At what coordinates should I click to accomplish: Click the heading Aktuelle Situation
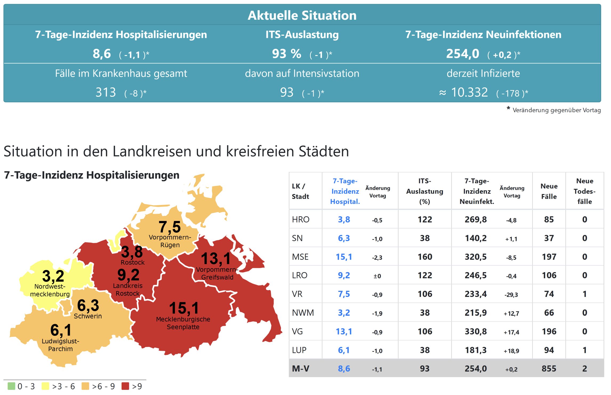[302, 15]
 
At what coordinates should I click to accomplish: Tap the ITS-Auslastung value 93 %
[287, 54]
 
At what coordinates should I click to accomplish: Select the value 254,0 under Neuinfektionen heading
[463, 54]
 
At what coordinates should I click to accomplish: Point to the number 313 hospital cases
[106, 92]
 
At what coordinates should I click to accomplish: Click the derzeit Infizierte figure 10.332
[469, 92]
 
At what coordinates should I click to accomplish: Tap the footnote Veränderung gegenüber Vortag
[556, 110]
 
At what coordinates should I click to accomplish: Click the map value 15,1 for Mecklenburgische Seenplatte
[184, 308]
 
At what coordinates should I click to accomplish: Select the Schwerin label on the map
[88, 316]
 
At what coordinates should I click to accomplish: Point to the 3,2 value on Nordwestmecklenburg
[53, 276]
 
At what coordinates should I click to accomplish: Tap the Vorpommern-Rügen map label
[170, 241]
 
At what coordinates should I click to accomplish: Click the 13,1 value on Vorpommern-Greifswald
[216, 259]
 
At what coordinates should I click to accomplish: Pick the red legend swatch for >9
[125, 386]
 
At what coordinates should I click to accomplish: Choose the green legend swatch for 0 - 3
[11, 386]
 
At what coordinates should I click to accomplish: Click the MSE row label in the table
[300, 257]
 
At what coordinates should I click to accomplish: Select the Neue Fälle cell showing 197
[549, 257]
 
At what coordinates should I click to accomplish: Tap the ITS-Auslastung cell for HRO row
[425, 219]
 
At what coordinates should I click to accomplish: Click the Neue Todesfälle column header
[584, 191]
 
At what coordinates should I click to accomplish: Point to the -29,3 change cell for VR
[511, 295]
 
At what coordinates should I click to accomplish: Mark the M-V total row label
[300, 369]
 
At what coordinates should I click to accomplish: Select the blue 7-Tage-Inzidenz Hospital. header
[345, 191]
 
